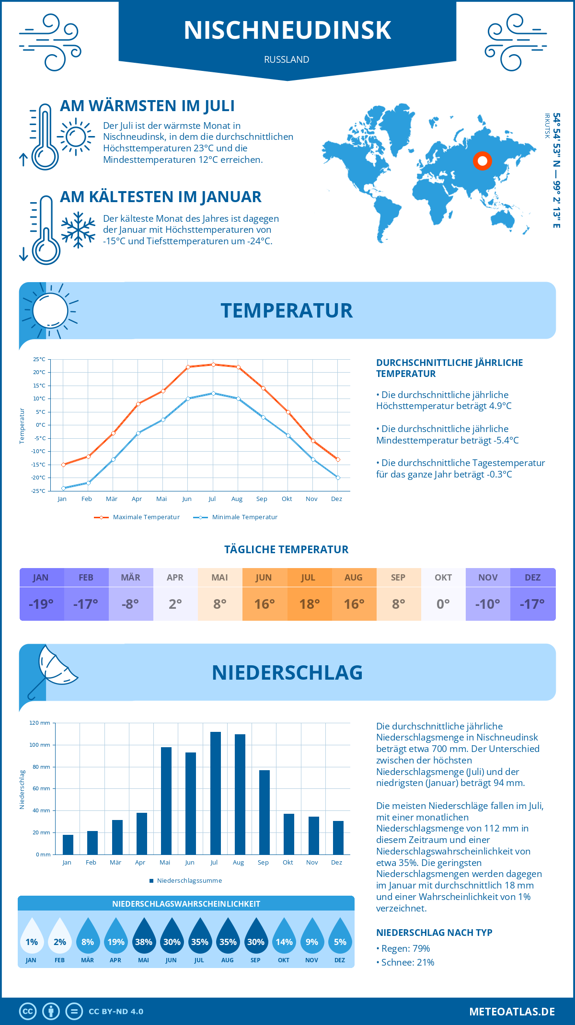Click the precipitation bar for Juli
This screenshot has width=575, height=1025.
pyautogui.click(x=216, y=793)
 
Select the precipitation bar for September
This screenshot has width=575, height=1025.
pyautogui.click(x=264, y=812)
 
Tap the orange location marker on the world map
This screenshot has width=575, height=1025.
pyautogui.click(x=483, y=161)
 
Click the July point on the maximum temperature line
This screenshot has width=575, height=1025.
pyautogui.click(x=213, y=364)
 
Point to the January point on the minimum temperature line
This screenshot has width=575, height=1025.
pyautogui.click(x=63, y=488)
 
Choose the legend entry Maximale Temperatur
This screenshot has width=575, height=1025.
pyautogui.click(x=137, y=517)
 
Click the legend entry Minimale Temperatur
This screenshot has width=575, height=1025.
pyautogui.click(x=236, y=517)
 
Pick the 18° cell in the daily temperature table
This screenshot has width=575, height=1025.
pyautogui.click(x=310, y=604)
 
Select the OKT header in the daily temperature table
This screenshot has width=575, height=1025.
pyautogui.click(x=443, y=578)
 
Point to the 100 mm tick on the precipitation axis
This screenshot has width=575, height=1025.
pyautogui.click(x=40, y=745)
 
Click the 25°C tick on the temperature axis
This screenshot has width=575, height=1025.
pyautogui.click(x=39, y=359)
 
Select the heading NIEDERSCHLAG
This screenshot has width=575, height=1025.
pyautogui.click(x=287, y=672)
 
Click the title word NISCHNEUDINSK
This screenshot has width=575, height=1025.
pyautogui.click(x=287, y=30)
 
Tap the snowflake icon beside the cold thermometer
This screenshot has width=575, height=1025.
pyautogui.click(x=78, y=230)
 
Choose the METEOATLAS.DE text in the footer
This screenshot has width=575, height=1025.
pyautogui.click(x=512, y=1012)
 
